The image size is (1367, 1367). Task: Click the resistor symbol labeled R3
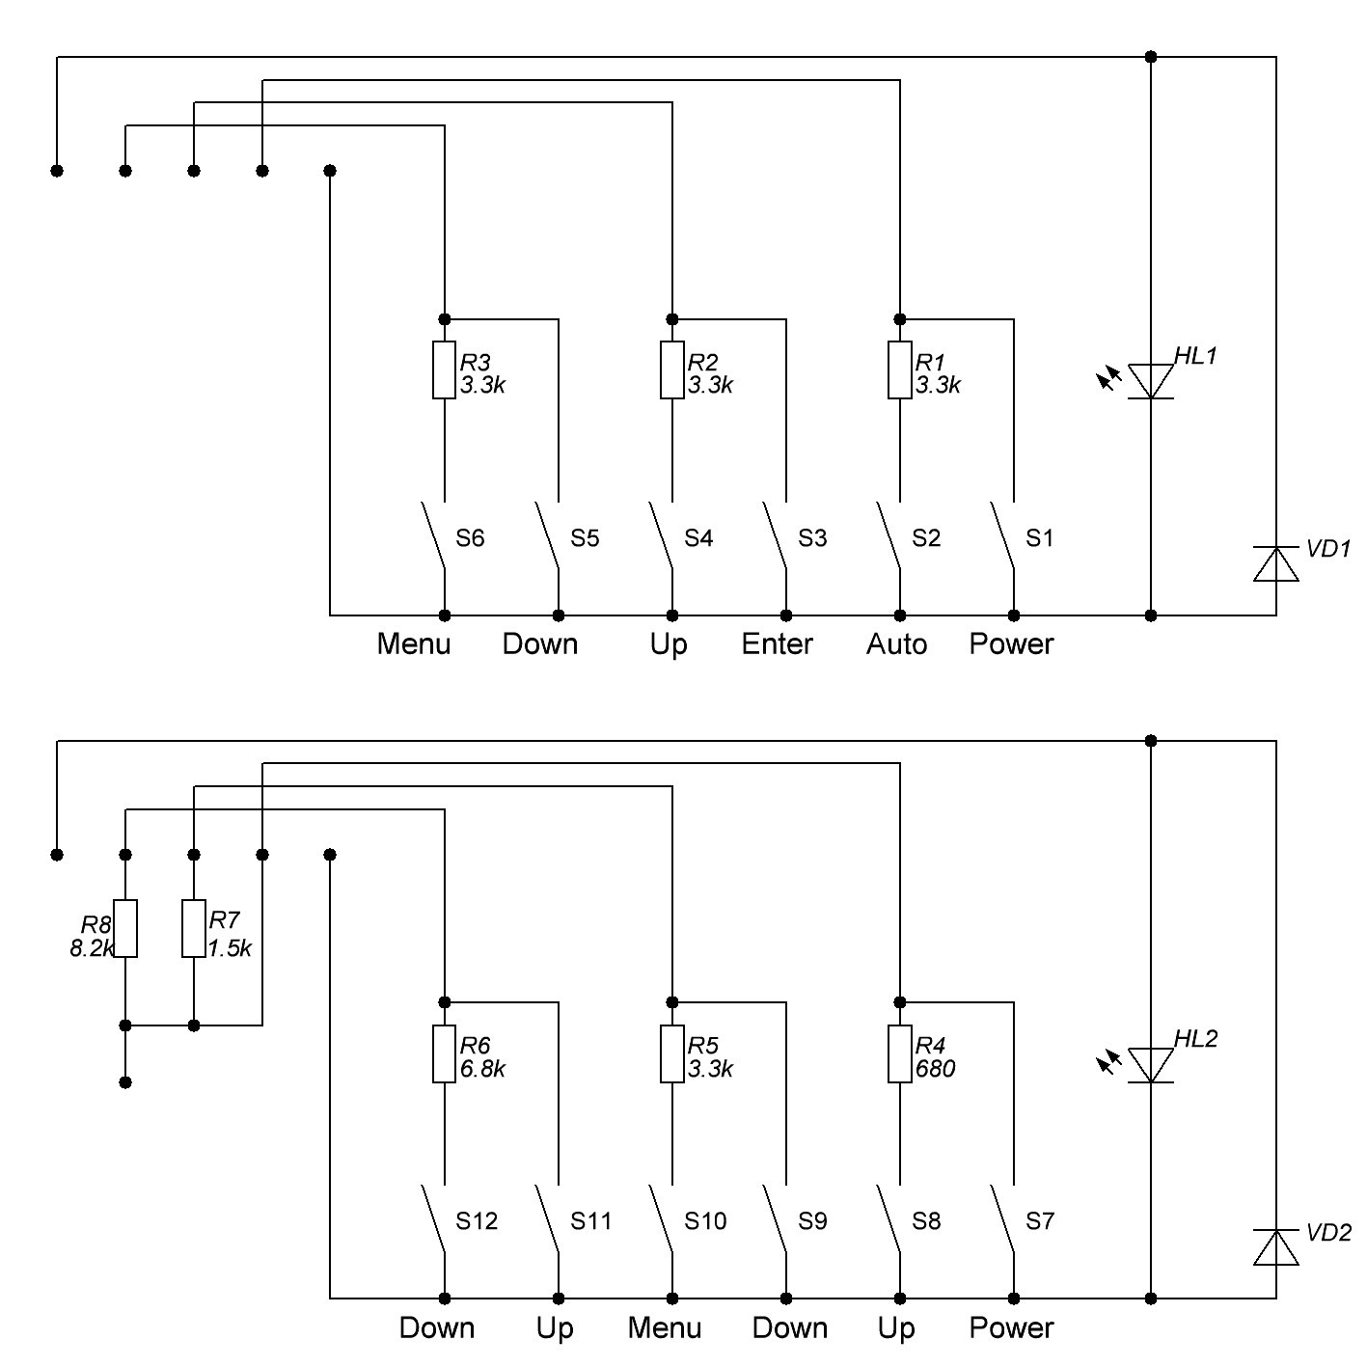(444, 369)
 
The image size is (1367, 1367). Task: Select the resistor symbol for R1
(899, 369)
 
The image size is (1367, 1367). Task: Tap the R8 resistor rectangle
(125, 928)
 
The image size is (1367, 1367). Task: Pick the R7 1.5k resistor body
(194, 928)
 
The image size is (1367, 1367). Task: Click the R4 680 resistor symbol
(899, 1053)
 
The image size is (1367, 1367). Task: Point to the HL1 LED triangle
(1150, 380)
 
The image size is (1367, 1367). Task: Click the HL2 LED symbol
(1150, 1064)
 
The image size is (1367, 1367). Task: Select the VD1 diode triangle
(1275, 564)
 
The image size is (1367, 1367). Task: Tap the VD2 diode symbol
(1275, 1247)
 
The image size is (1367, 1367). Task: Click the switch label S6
(470, 538)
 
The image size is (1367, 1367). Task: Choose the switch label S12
(477, 1221)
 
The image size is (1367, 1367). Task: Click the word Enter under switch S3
(777, 643)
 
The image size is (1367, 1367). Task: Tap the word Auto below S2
(896, 643)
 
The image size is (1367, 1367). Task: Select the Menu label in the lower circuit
(664, 1327)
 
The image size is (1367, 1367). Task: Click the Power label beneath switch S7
(1011, 1327)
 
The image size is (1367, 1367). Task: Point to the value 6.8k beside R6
(482, 1069)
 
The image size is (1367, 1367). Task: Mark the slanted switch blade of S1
(1002, 534)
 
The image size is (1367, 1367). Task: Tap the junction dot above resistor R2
(672, 319)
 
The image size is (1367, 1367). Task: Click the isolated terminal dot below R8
(125, 1082)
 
